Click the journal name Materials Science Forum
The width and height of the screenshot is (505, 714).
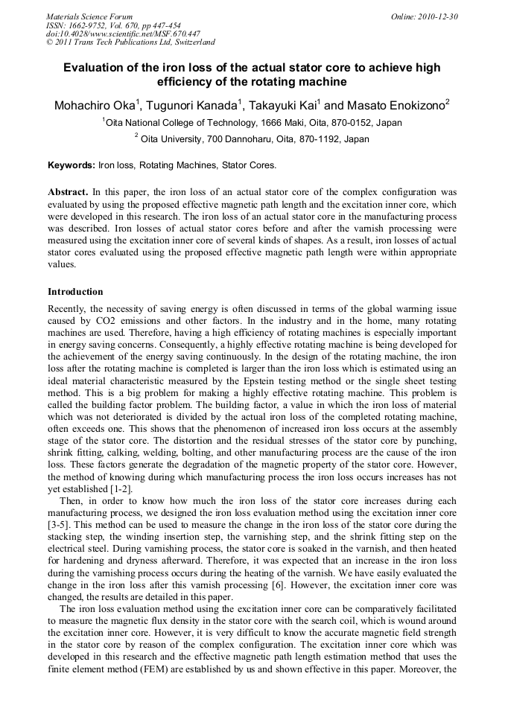89,16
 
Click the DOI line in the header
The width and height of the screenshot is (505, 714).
123,34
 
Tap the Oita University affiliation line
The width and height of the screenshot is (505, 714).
253,138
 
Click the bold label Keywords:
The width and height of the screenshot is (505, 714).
71,165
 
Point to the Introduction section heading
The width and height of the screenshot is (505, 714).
75,291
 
